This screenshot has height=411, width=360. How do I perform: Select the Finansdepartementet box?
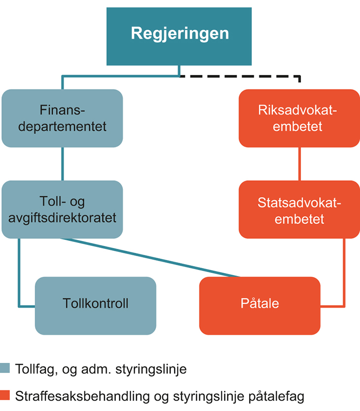pyautogui.click(x=62, y=118)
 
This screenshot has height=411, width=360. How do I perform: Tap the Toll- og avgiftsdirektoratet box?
pyautogui.click(x=62, y=209)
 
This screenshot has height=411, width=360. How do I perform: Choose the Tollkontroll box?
pyautogui.click(x=95, y=303)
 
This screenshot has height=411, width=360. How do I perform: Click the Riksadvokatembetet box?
pyautogui.click(x=299, y=118)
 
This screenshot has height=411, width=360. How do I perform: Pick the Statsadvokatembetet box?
pyautogui.click(x=299, y=209)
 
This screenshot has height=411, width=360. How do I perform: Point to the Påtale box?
pyautogui.click(x=259, y=304)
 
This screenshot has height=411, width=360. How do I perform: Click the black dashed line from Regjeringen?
pyautogui.click(x=247, y=76)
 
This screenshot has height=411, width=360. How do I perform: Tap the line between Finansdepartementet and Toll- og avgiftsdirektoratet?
pyautogui.click(x=62, y=164)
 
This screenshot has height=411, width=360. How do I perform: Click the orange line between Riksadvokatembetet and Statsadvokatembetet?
pyautogui.click(x=299, y=164)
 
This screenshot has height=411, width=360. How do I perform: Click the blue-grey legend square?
pyautogui.click(x=5, y=369)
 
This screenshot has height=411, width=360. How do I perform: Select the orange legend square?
pyautogui.click(x=5, y=396)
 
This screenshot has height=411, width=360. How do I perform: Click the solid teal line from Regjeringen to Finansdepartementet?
pyautogui.click(x=118, y=76)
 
